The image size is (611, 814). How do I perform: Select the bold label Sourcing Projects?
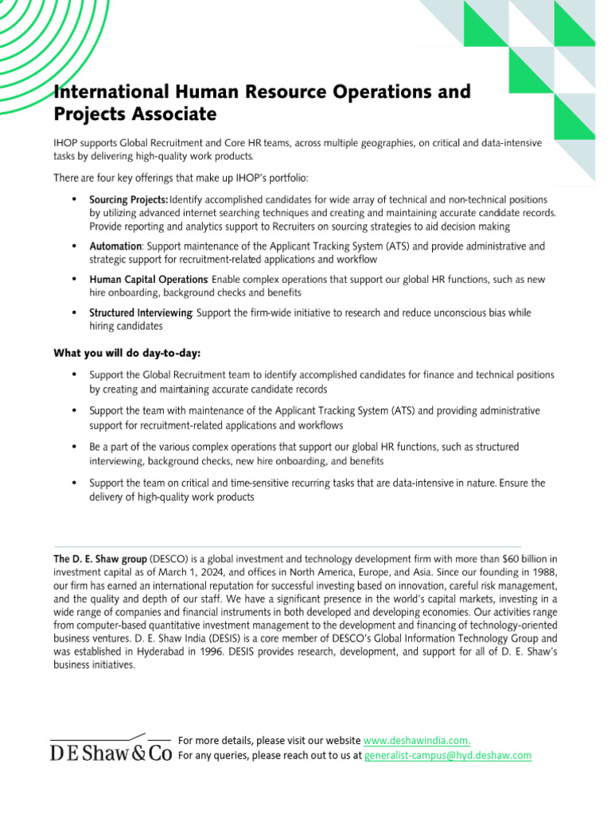pos(128,199)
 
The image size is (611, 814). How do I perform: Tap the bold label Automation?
pos(115,246)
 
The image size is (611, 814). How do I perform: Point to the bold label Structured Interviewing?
pos(140,313)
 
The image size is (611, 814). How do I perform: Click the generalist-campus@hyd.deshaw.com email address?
pos(447,755)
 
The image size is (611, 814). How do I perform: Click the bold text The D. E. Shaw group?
pos(100,560)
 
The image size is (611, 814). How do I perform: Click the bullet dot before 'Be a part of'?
pos(74,447)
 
